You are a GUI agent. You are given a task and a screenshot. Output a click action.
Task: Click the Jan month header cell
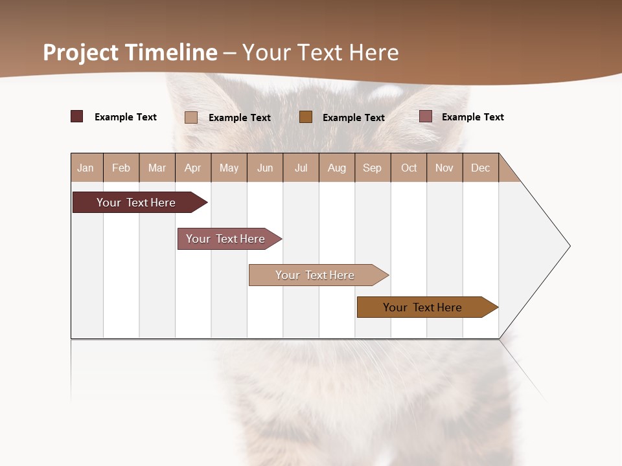[86, 168]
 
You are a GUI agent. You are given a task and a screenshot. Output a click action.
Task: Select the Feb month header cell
[121, 168]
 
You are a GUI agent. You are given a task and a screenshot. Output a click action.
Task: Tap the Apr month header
[193, 168]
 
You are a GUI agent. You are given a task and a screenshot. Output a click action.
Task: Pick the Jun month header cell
[265, 168]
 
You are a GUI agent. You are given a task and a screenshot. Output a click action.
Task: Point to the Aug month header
[337, 168]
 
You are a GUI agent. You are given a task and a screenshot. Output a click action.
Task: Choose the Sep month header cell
[373, 168]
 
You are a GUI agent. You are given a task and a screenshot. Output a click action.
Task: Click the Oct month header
[409, 168]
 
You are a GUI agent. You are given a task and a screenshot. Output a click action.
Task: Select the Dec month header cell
[481, 168]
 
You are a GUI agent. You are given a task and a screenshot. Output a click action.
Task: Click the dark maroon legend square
[76, 116]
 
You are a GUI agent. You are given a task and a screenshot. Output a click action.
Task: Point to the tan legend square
[190, 117]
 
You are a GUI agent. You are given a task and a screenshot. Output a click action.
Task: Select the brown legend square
[306, 116]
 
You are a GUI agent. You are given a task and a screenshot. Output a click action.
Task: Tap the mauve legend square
[425, 116]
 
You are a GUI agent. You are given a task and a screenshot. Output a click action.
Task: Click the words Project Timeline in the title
[130, 52]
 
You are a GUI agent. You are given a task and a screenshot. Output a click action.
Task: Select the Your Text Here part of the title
[321, 52]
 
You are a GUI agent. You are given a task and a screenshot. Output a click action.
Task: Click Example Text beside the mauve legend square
[472, 117]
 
